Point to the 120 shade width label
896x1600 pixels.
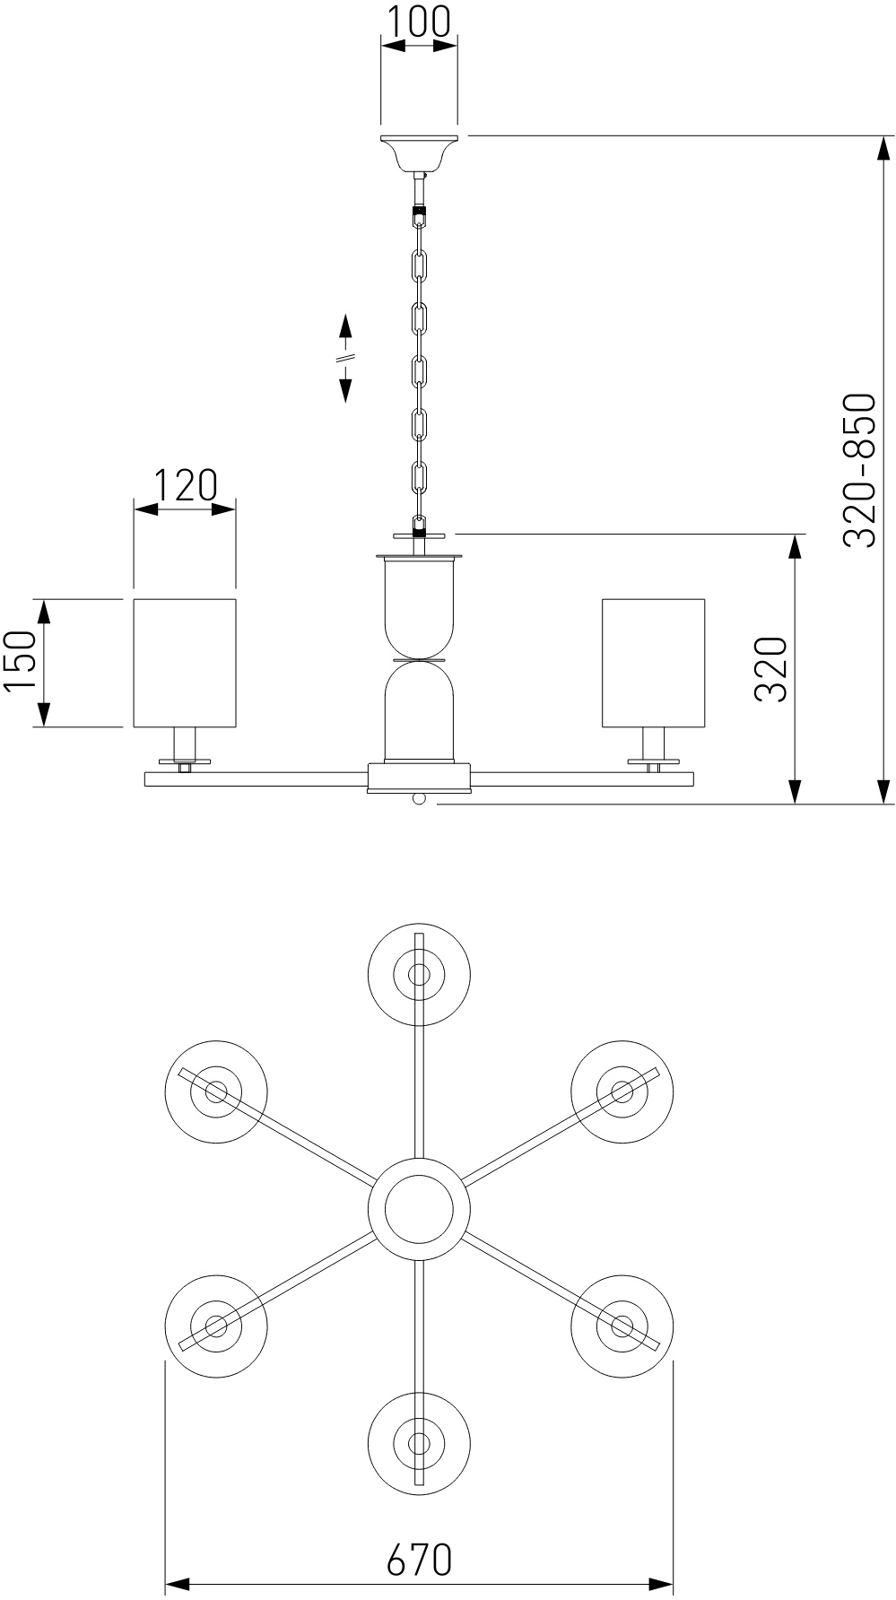click(185, 484)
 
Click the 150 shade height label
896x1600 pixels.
click(20, 662)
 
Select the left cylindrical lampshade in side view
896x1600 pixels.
click(185, 663)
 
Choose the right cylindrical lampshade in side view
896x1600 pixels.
click(653, 663)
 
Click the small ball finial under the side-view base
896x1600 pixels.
click(418, 799)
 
